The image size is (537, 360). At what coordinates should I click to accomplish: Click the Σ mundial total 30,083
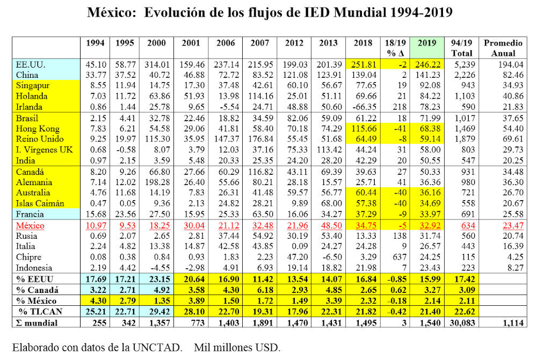coord(462,322)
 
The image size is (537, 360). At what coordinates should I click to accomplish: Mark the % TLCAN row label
coord(38,311)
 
